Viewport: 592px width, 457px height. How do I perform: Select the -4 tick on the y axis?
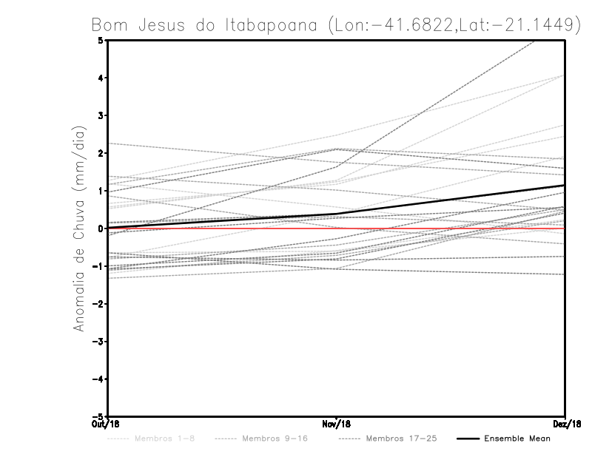coord(98,379)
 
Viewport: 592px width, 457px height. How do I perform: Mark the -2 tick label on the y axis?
coord(98,303)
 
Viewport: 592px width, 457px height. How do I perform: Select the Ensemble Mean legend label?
coord(517,439)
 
